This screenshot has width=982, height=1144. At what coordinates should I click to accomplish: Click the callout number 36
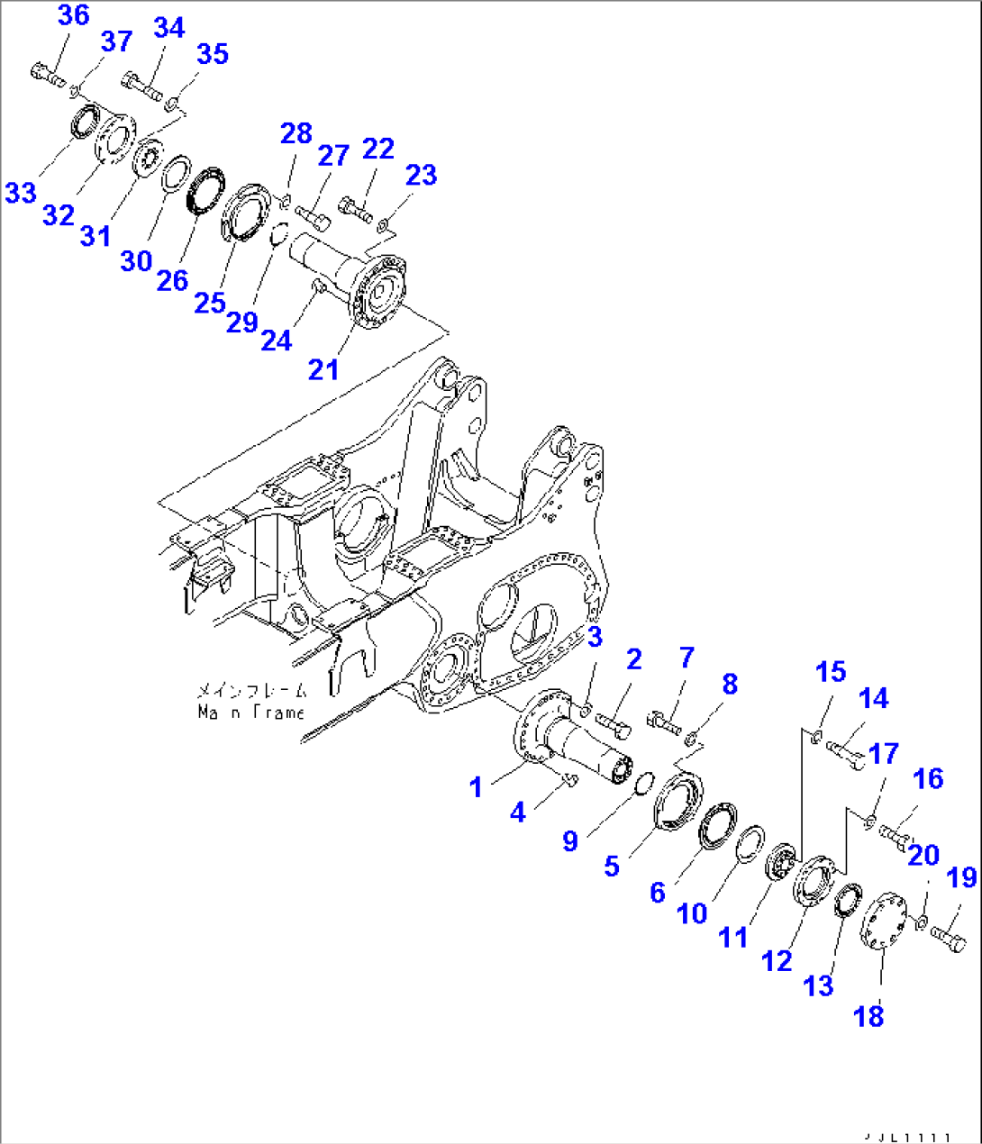(73, 15)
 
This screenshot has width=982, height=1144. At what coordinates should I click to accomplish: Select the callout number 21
(323, 368)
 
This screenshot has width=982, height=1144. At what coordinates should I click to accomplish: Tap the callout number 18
(869, 1016)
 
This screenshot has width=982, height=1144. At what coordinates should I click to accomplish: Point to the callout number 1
(476, 786)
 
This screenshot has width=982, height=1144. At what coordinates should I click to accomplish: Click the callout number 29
(241, 322)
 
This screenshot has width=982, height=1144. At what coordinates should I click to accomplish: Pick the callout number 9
(569, 840)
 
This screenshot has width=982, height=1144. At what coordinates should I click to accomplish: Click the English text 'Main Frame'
(251, 712)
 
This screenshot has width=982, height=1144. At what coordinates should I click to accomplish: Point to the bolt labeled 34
(142, 86)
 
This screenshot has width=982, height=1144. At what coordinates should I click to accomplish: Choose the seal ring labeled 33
(86, 123)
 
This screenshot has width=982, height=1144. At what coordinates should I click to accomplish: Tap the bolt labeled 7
(663, 722)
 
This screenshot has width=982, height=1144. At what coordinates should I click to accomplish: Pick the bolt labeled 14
(845, 750)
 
